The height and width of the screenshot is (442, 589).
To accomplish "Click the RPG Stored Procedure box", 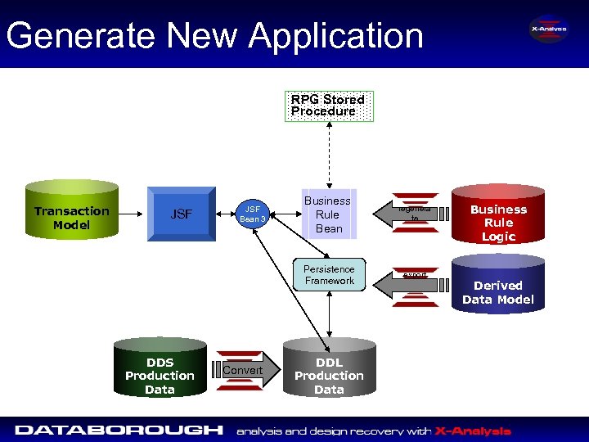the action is (328, 106).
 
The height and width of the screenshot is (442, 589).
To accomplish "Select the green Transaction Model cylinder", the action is (72, 214).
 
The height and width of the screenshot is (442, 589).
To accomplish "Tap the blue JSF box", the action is (181, 214).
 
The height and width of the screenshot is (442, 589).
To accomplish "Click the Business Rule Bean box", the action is (328, 214).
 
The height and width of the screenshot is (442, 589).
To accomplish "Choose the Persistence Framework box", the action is (329, 275).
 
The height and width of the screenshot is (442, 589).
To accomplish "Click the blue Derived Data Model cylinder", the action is (497, 286).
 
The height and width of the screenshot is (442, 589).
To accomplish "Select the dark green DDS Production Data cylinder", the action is (160, 372).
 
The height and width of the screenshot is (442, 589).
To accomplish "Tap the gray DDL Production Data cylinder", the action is (329, 372).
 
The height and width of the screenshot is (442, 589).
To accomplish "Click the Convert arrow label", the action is (242, 371).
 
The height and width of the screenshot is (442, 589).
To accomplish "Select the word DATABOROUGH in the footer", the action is (119, 430).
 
